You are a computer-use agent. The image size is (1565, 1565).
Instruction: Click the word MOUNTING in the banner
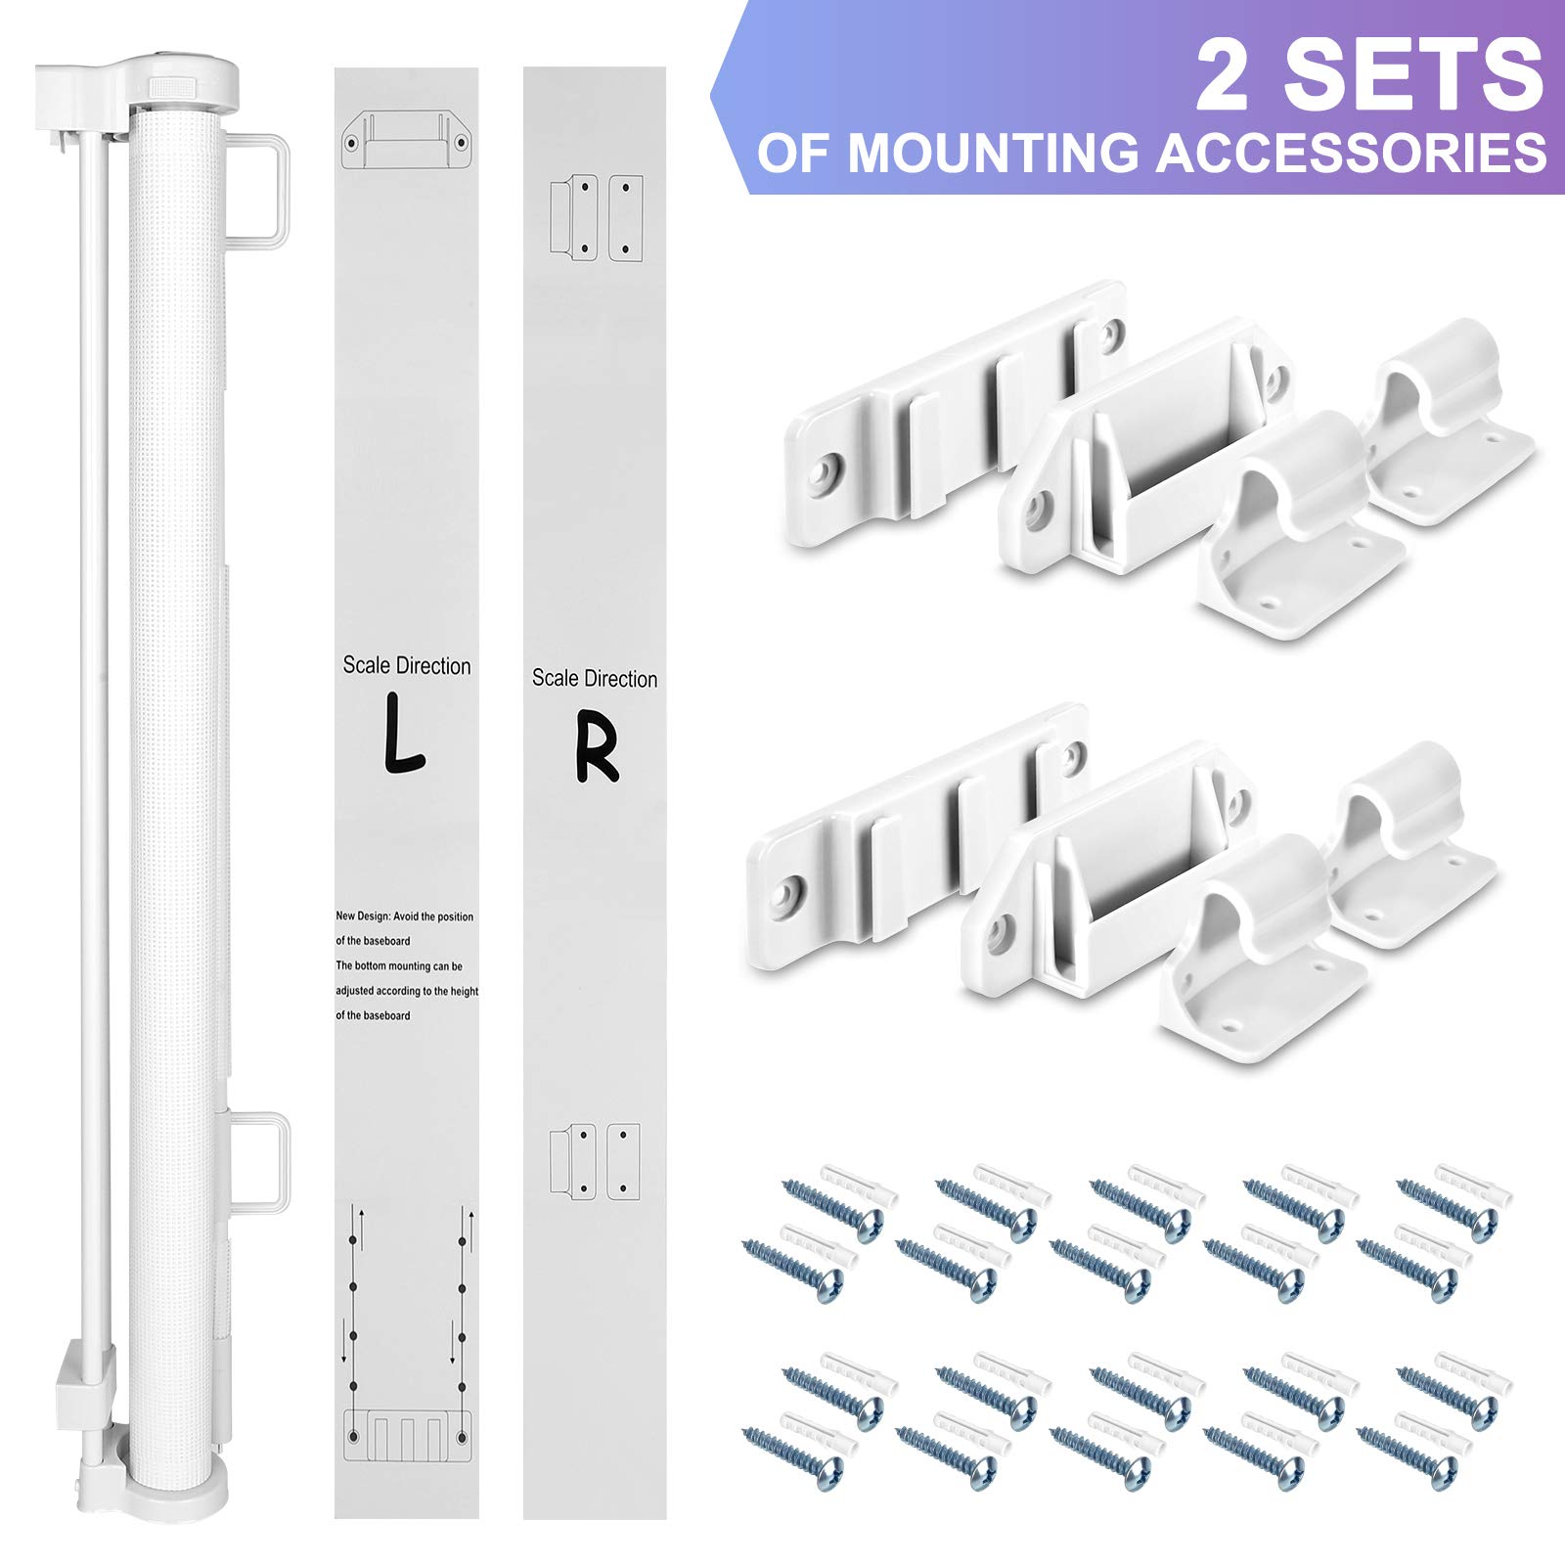[994, 154]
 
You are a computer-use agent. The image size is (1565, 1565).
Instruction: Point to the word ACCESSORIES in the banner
[1352, 154]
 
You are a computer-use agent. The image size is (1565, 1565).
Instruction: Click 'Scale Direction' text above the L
[407, 666]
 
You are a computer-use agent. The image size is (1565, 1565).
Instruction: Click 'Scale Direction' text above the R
[595, 679]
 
